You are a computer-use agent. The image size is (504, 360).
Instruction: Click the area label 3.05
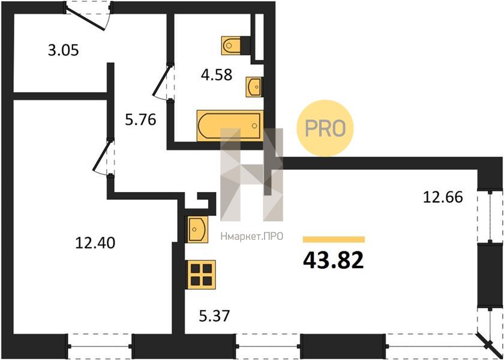64,51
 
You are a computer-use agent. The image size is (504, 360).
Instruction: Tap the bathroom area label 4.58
217,75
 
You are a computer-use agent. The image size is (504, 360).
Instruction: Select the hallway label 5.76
140,120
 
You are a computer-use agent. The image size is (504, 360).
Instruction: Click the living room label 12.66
443,197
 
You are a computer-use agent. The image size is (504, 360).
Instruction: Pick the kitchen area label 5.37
214,316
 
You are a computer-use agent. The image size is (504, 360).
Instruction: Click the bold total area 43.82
334,260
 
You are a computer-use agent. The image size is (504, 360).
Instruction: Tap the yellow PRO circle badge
325,128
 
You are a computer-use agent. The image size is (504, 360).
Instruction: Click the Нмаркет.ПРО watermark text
251,236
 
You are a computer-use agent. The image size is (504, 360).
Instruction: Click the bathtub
230,125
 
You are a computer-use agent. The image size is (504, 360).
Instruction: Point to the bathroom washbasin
254,86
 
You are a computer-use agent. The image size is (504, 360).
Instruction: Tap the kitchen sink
197,229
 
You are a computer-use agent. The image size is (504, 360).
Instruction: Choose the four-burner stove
201,275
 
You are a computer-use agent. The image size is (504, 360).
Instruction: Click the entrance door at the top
88,16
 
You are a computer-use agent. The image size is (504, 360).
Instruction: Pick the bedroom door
103,157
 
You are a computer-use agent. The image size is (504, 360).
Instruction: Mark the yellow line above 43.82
334,239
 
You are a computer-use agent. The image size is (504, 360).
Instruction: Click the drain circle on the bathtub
254,125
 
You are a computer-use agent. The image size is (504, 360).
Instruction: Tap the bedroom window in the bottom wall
100,346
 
